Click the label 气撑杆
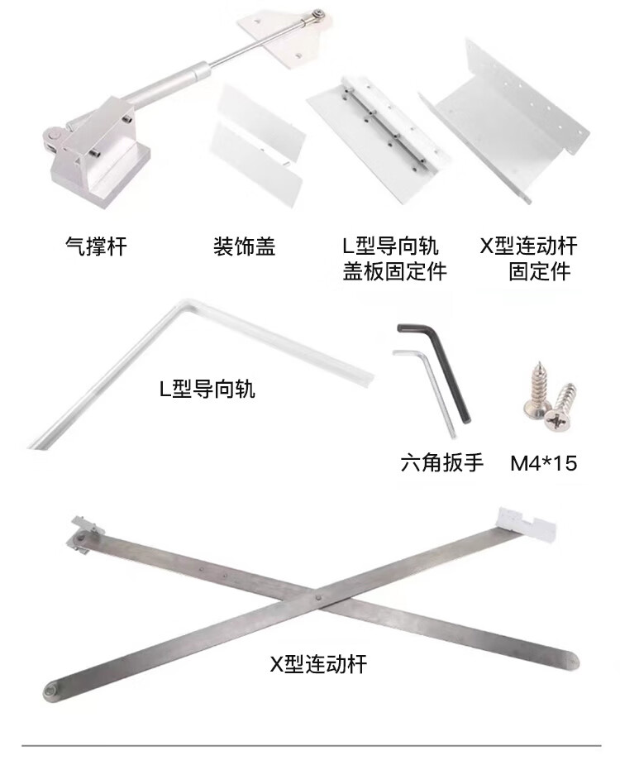[x=96, y=246]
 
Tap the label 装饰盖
[x=244, y=246]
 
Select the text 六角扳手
[x=441, y=462]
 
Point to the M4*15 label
[x=543, y=463]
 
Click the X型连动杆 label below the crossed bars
[x=318, y=664]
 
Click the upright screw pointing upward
[x=535, y=390]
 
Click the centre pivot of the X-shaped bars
[x=318, y=599]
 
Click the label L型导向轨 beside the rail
[x=207, y=389]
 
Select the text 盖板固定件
[x=394, y=271]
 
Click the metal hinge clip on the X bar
[x=85, y=534]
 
